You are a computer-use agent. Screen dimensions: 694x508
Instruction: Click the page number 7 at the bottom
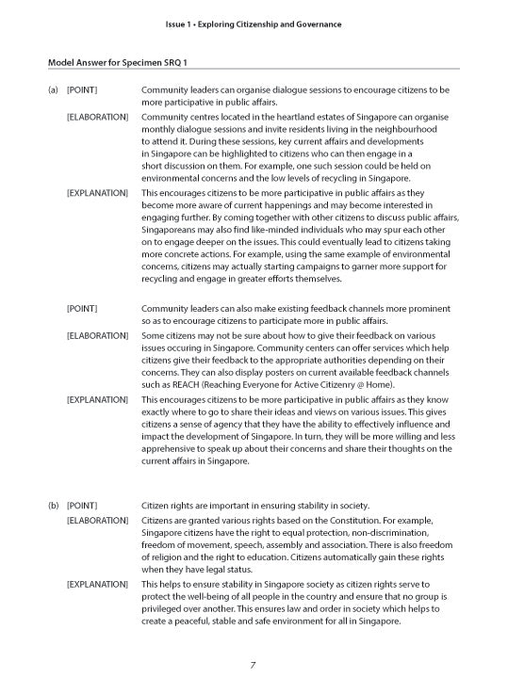[x=253, y=666]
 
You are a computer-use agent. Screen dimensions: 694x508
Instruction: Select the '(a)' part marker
[x=54, y=89]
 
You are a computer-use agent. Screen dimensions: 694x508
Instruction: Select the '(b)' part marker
[x=54, y=506]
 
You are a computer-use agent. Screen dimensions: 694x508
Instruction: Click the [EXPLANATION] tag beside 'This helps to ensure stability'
[x=97, y=584]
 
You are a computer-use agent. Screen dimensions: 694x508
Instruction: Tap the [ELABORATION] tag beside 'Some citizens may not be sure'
[x=97, y=336]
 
